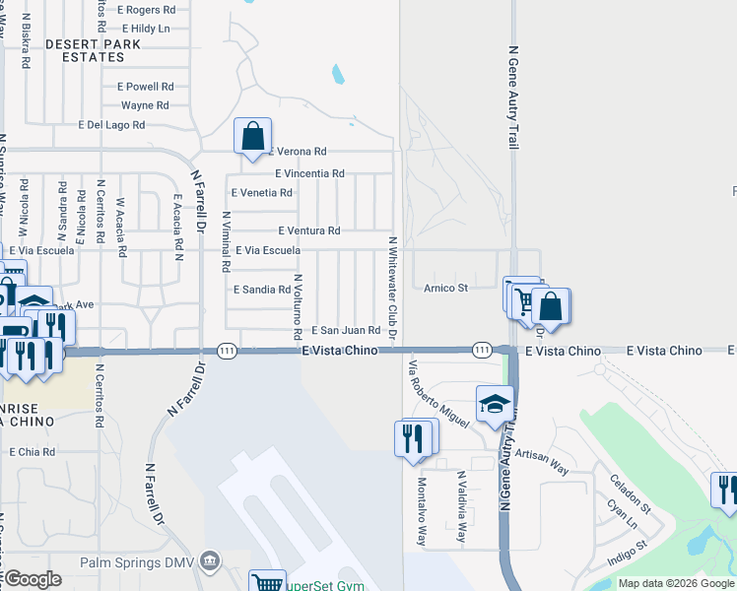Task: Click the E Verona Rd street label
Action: (x=297, y=152)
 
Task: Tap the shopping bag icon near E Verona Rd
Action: (x=252, y=136)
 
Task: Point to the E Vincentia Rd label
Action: (x=309, y=173)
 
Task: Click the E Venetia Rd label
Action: (x=261, y=193)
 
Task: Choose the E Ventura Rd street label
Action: (x=308, y=230)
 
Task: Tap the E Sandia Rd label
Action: (x=261, y=290)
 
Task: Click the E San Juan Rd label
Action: (x=346, y=331)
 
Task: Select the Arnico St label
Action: (x=445, y=289)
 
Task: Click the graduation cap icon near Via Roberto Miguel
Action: (x=495, y=404)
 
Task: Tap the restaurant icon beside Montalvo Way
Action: (x=414, y=437)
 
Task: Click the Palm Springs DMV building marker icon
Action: (x=209, y=562)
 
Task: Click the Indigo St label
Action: (x=626, y=544)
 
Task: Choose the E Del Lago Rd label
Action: (x=111, y=125)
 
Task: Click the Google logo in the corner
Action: (x=33, y=579)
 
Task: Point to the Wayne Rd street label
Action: (x=145, y=105)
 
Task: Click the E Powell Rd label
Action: (x=145, y=86)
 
